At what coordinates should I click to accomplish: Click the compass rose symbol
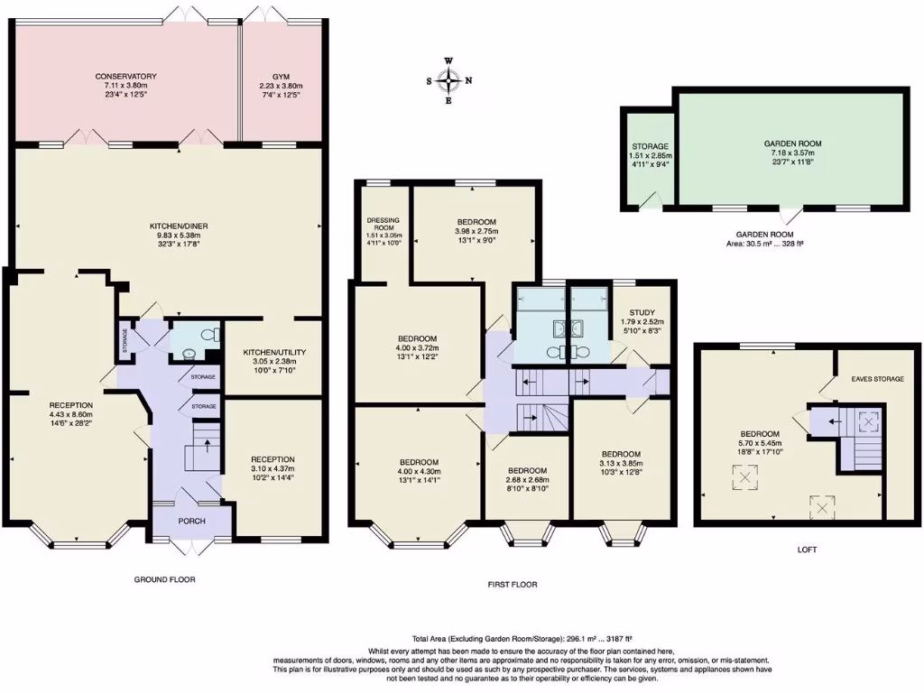448,80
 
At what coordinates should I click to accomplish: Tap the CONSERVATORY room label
126,77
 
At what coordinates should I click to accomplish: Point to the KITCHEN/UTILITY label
273,352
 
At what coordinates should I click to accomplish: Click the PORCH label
192,522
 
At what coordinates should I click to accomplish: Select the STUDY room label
642,312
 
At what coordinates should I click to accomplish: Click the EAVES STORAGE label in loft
874,379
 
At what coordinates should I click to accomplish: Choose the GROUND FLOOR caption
166,579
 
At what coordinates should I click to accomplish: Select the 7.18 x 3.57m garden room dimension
792,153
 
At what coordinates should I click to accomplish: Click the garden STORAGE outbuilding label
650,146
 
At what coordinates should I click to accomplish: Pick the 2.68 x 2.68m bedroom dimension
526,480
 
